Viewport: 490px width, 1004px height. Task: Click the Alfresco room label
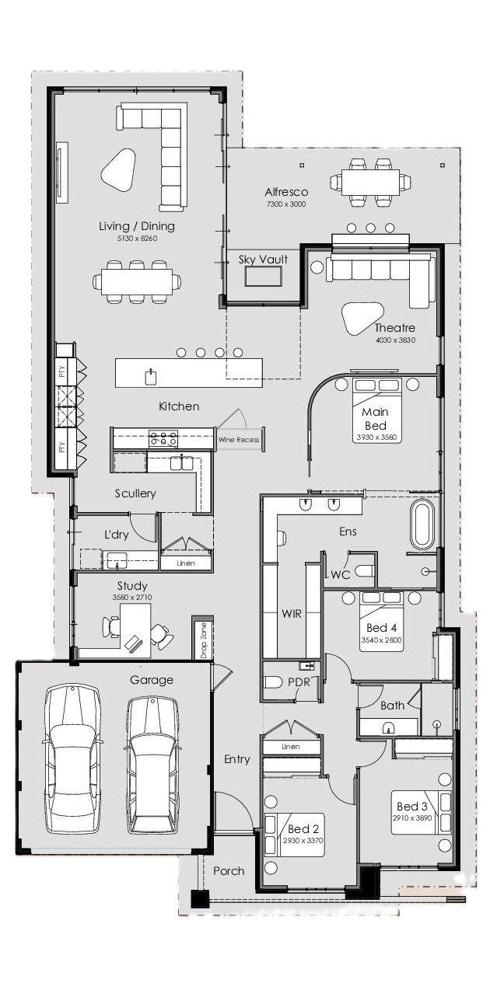coord(286,192)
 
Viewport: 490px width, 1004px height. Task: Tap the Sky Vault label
coord(263,260)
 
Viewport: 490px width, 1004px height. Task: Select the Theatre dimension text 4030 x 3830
coord(395,340)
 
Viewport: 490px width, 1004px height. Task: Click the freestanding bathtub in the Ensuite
coord(422,526)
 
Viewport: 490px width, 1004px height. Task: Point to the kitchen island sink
coord(151,377)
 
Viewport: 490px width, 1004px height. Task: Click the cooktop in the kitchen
coord(163,439)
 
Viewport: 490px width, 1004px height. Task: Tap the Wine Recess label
coord(239,440)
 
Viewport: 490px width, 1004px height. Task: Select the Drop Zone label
coord(203,640)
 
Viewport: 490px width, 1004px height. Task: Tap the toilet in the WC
coord(365,571)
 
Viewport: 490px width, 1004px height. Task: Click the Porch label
coord(229,871)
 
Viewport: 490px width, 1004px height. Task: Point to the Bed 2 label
coord(303,828)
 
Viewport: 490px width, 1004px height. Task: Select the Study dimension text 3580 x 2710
coord(132,598)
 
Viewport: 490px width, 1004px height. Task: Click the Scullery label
coord(135,493)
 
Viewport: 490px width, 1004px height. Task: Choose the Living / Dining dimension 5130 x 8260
coord(138,239)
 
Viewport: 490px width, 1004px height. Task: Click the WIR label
coord(292,614)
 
